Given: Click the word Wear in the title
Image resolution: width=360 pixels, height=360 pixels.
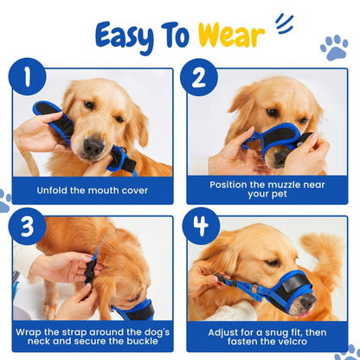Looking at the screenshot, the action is (231, 35).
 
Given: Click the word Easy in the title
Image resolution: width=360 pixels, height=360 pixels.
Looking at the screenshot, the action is (125, 37).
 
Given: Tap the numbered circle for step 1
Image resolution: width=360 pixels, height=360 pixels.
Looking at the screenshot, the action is (27, 76).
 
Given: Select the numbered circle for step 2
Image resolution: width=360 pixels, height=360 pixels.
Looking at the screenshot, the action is (199, 77).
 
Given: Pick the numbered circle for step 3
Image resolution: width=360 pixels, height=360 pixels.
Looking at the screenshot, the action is (27, 227).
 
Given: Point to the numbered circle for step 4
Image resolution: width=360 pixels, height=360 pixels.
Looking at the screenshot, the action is (201, 226).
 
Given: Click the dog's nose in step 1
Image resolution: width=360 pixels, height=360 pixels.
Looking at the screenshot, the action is (93, 145).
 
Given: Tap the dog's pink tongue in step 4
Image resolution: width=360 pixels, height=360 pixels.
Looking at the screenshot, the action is (305, 314).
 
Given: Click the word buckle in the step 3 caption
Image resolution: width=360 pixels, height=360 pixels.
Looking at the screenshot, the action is (143, 341).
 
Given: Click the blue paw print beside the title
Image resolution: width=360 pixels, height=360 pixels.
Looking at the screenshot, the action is (335, 48).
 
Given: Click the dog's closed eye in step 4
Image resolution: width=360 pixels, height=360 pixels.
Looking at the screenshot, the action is (273, 262).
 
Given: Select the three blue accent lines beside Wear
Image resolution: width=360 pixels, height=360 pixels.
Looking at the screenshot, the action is (285, 24).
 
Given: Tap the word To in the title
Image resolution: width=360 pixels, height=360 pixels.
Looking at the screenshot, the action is (175, 35).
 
